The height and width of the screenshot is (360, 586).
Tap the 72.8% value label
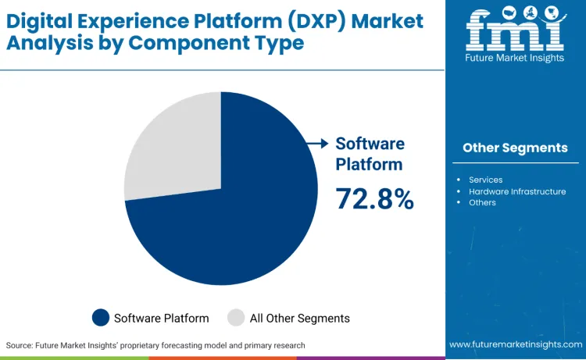point(374,199)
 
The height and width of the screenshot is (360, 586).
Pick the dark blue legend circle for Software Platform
point(101,317)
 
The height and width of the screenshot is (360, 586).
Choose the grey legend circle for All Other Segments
point(236,317)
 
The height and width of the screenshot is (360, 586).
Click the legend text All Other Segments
point(299,318)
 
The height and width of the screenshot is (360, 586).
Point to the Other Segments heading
point(515,148)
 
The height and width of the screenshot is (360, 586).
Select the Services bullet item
point(485,180)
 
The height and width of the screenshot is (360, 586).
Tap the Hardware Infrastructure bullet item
point(517,191)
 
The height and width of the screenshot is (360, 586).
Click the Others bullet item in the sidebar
point(482,202)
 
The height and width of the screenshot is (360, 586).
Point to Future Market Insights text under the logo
point(515,57)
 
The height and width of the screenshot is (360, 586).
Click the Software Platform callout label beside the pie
point(370,154)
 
